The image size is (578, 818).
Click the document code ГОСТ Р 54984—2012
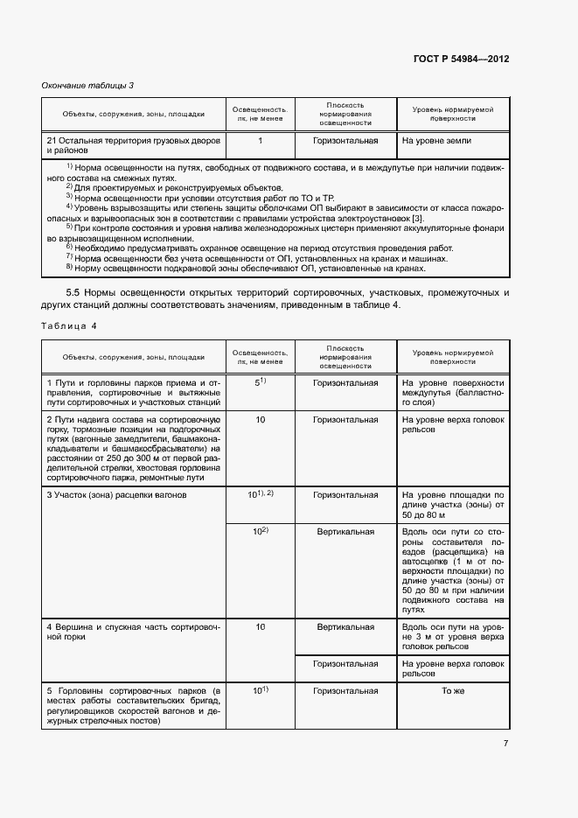point(461,59)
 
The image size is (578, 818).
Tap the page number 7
point(505,744)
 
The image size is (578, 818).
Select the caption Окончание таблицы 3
point(88,85)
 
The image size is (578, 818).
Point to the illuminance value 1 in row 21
point(260,140)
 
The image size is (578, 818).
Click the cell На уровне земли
point(435,140)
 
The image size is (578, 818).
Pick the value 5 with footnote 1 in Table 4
point(259,382)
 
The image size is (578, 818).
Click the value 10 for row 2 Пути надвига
point(260,420)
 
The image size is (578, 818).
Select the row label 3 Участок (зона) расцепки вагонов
point(117,495)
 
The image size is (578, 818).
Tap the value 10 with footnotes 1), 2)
point(260,494)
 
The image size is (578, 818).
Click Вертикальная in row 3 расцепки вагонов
point(345,531)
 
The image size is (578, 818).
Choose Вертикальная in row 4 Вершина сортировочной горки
point(345,627)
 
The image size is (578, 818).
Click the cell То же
point(451,690)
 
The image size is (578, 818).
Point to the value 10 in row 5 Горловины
point(260,690)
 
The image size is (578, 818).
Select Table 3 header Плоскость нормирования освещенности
point(345,113)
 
